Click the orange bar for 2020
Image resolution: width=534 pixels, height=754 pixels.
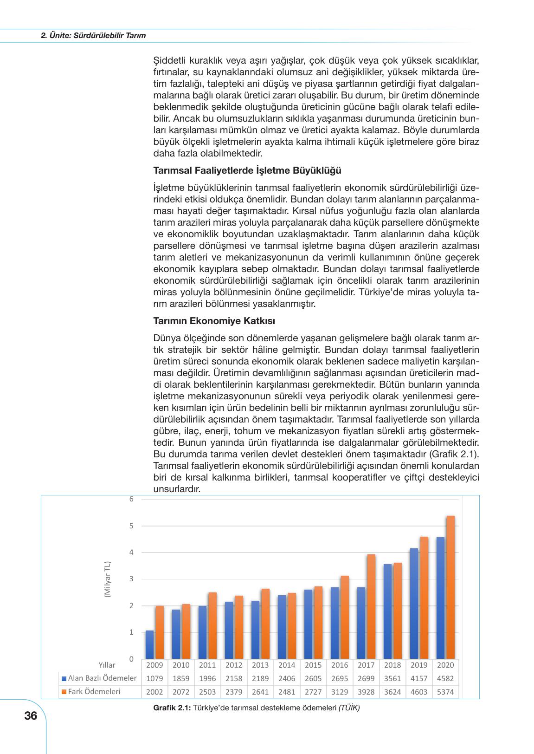coord(450,587)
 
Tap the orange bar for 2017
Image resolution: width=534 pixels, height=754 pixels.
coord(371,606)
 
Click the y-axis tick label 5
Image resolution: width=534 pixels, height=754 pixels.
coord(131,526)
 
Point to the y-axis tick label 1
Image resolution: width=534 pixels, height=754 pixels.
coord(131,632)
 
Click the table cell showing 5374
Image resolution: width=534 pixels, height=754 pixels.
coord(445,692)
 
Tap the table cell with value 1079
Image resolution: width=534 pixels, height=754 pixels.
coord(154,678)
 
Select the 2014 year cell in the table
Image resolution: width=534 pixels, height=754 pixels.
coord(287,665)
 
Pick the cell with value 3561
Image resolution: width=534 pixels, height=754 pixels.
coord(392,678)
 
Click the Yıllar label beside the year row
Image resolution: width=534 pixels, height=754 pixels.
coord(107,665)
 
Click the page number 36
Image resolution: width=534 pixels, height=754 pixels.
coord(31,716)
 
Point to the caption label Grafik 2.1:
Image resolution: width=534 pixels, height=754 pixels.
coord(172,708)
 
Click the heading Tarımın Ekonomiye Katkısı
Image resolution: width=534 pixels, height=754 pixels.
coord(214,321)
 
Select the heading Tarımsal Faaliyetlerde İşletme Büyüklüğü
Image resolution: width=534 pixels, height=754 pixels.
coord(247,170)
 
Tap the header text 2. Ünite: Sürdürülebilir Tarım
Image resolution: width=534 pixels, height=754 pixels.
coord(93,35)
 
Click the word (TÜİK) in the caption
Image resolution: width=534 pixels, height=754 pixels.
coord(348,708)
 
